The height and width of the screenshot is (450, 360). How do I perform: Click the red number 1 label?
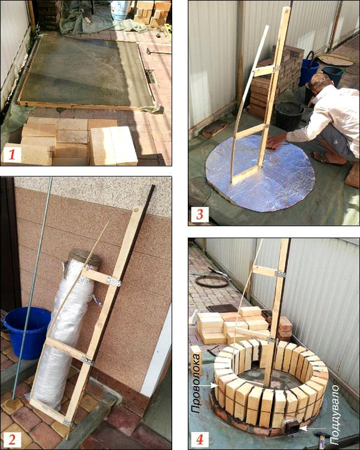point(12,155)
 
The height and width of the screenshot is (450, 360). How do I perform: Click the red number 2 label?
point(12,439)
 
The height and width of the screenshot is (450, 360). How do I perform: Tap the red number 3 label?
point(200,215)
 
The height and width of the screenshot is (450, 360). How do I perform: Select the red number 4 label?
point(200,439)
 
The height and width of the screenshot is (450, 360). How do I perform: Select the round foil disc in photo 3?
point(260,173)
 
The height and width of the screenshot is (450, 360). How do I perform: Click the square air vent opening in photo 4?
point(290,425)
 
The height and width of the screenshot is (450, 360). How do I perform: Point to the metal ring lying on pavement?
point(212,281)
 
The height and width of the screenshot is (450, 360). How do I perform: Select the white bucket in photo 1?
point(120,10)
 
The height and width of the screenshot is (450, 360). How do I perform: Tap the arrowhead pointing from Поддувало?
point(302,428)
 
